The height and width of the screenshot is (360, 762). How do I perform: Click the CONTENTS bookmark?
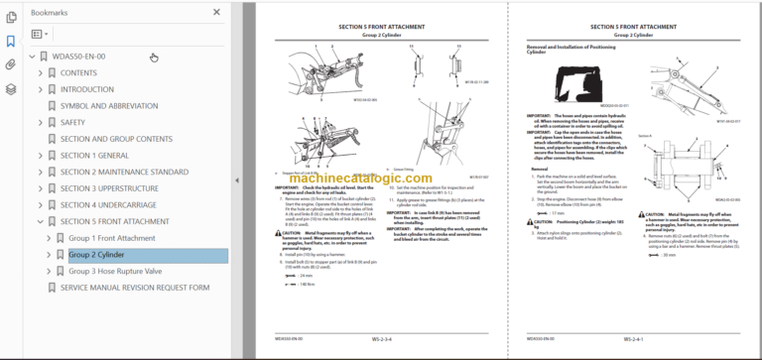click(x=78, y=72)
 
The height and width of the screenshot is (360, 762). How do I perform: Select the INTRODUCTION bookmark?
click(x=87, y=89)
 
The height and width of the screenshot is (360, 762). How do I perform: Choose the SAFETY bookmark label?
click(x=73, y=122)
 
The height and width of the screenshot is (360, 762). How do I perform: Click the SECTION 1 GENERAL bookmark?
click(x=94, y=156)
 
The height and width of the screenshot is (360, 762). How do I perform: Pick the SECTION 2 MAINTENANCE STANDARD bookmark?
click(x=124, y=172)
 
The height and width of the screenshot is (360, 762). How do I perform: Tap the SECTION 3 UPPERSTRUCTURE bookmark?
click(x=109, y=188)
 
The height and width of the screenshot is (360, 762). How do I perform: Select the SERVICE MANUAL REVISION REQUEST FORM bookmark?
click(x=135, y=288)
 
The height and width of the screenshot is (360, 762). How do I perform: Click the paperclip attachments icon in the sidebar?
click(x=11, y=64)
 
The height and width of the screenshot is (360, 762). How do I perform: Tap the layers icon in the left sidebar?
click(x=11, y=88)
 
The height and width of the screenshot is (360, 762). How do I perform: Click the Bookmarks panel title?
click(x=50, y=12)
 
